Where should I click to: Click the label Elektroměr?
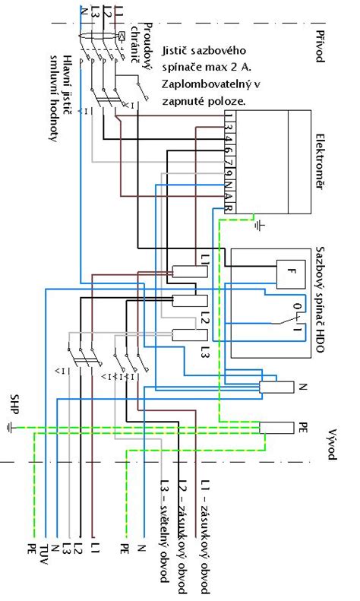pyautogui.click(x=320, y=161)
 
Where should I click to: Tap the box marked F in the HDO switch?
pyautogui.click(x=292, y=274)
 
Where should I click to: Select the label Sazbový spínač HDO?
pyautogui.click(x=320, y=299)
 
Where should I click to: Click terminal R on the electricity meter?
pyautogui.click(x=229, y=208)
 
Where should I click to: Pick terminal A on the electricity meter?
pyautogui.click(x=229, y=197)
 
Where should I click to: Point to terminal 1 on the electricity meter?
pyautogui.click(x=229, y=115)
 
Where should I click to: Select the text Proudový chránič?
pyautogui.click(x=141, y=46)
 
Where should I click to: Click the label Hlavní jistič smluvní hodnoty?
pyautogui.click(x=62, y=99)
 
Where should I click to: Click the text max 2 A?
pyautogui.click(x=235, y=67)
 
